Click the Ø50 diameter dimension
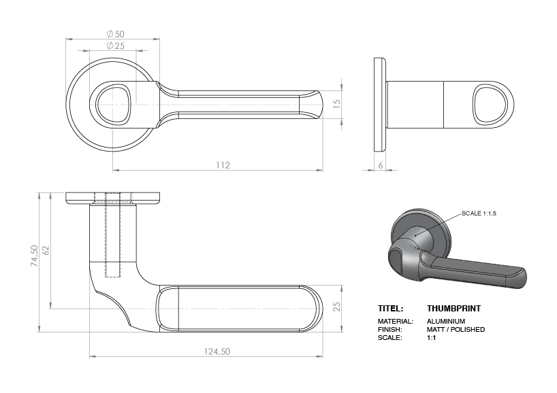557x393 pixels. [114, 33]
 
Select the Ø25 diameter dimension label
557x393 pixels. [115, 46]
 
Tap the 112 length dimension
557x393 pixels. [223, 165]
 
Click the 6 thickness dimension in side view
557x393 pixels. [381, 165]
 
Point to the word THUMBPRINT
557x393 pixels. [453, 309]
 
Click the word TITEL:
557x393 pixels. [391, 309]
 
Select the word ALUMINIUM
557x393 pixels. [446, 321]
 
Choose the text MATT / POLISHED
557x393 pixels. [456, 329]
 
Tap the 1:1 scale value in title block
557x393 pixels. [431, 337]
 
